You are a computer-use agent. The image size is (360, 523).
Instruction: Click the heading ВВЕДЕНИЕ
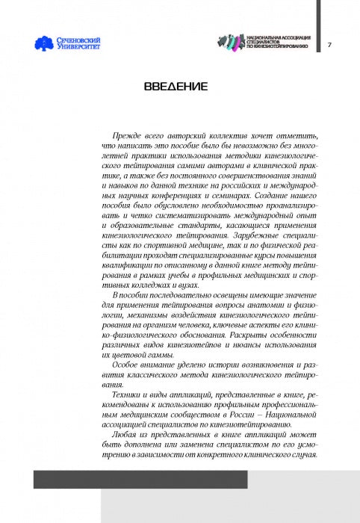(176, 87)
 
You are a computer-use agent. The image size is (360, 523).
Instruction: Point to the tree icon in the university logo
(43, 44)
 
